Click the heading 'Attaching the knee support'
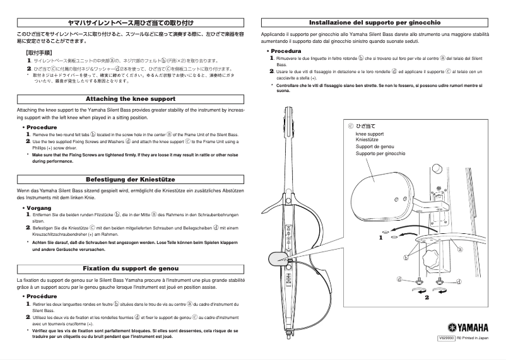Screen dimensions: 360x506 [129, 100]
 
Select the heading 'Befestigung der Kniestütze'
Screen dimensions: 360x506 [129, 180]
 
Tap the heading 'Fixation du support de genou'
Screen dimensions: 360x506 [129, 267]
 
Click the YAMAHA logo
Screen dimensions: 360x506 [468, 327]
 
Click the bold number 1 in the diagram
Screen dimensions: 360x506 [381, 238]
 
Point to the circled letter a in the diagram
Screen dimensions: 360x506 [460, 249]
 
